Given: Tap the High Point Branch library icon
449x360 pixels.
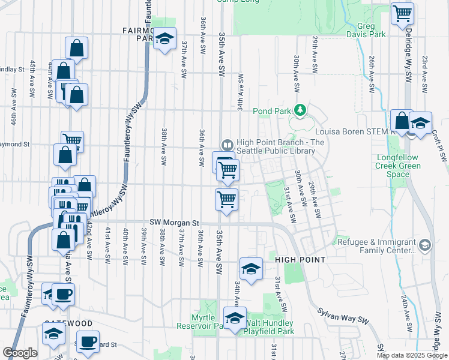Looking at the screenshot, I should click(227, 145).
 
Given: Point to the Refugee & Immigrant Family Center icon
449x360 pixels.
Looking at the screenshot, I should click(425, 245).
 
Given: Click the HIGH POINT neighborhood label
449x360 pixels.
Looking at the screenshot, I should click(300, 260).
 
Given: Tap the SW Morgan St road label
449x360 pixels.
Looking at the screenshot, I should click(174, 223).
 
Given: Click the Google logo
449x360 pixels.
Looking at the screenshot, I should click(20, 353).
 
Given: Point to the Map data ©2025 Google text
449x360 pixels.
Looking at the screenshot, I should click(411, 355).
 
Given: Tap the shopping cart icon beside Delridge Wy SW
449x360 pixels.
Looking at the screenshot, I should click(402, 13).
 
